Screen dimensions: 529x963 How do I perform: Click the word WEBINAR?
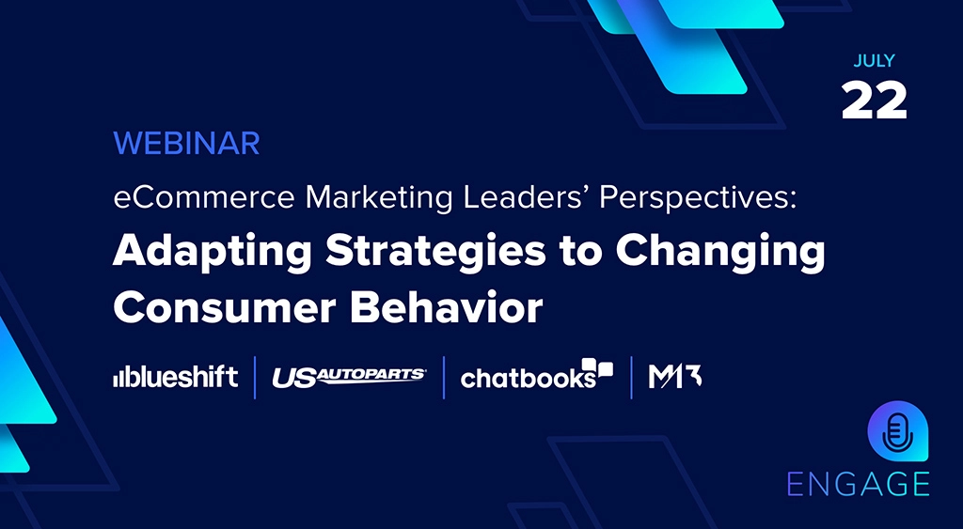click(186, 144)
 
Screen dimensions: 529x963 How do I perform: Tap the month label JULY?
click(874, 62)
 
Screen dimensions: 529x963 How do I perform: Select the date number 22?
click(874, 101)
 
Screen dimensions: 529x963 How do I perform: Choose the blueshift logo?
click(175, 378)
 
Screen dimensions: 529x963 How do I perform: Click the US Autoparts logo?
click(349, 378)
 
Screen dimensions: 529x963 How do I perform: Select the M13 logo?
click(675, 377)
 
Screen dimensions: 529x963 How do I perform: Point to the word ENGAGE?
click(858, 483)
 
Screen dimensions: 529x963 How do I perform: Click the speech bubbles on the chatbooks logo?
click(597, 367)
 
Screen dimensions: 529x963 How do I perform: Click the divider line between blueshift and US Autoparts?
click(255, 377)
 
